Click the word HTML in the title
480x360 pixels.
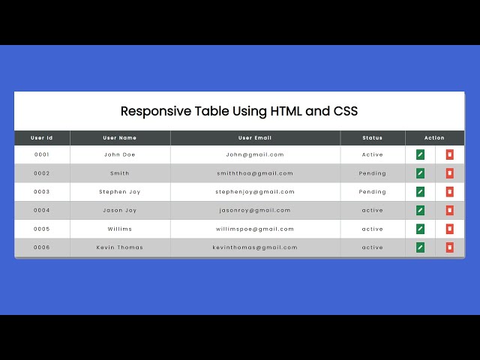[x=286, y=112]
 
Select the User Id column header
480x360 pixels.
[x=42, y=138]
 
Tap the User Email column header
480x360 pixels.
[x=255, y=138]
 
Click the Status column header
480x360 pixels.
[x=372, y=138]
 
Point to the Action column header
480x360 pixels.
[x=434, y=138]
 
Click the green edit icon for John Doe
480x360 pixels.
[x=420, y=154]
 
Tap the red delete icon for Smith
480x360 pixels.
[x=449, y=173]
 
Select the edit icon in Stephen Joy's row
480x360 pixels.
[x=420, y=191]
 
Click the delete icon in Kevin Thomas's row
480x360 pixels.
[x=449, y=247]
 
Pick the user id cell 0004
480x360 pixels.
[x=42, y=211]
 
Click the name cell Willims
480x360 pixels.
[x=120, y=229]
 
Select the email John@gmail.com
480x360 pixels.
[x=255, y=154]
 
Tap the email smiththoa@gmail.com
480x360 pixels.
[x=255, y=173]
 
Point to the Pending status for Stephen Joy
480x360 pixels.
[x=372, y=192]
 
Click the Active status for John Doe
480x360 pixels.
[x=372, y=154]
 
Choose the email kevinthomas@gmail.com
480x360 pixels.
[x=255, y=247]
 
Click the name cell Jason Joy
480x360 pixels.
[x=120, y=211]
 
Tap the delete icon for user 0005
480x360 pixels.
[x=449, y=229]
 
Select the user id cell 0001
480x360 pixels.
[x=42, y=154]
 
